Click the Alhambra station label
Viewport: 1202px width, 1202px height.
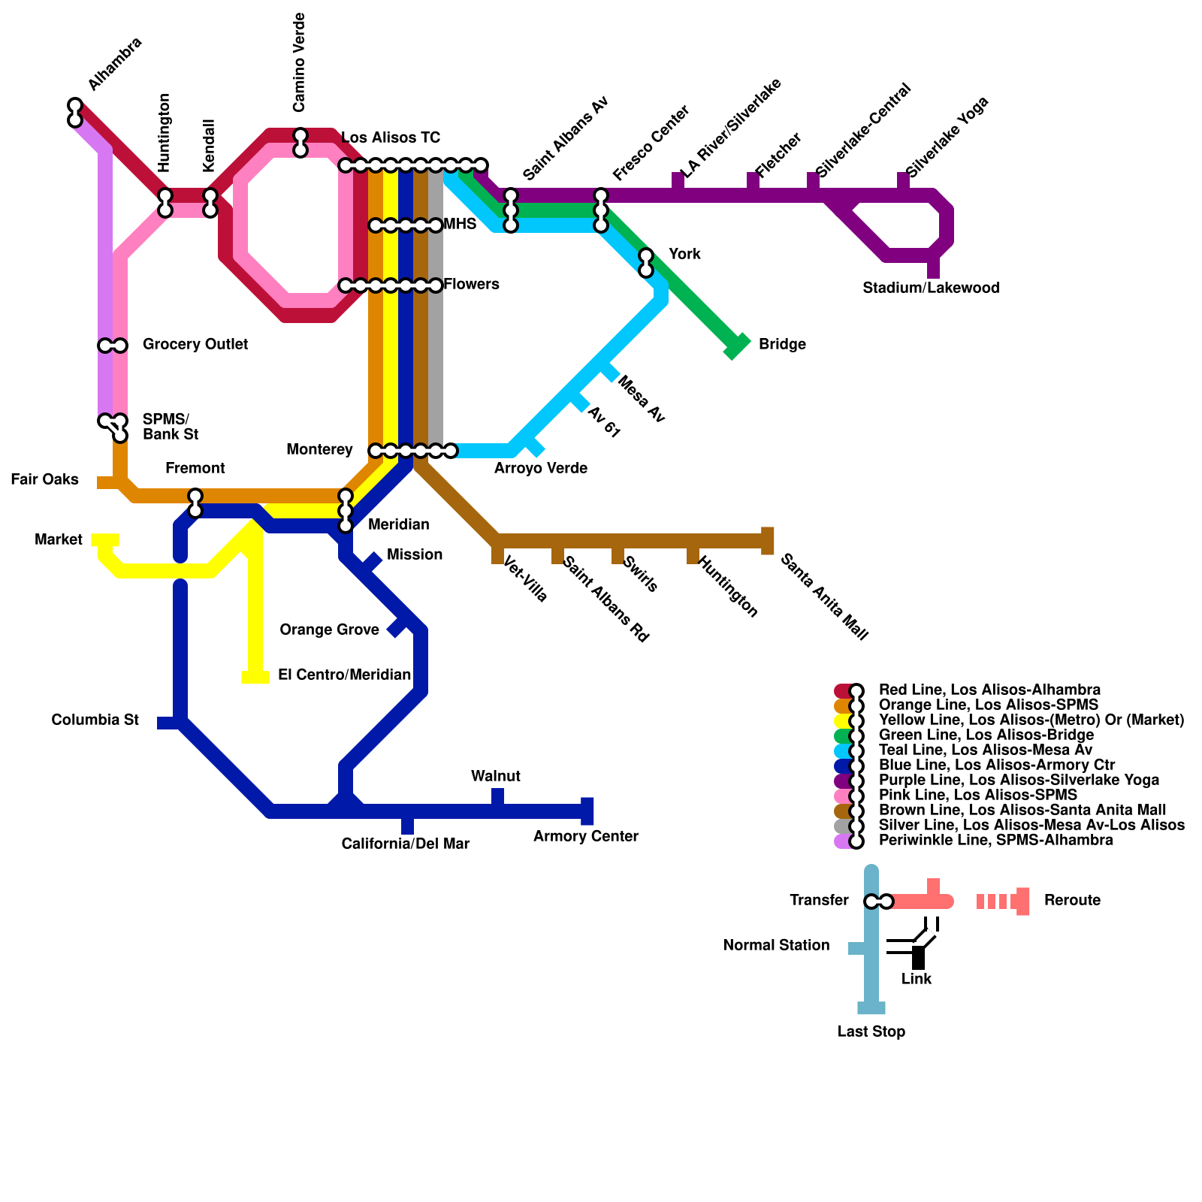[114, 64]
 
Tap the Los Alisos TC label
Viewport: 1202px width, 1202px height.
[391, 137]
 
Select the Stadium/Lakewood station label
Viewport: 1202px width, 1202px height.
[931, 288]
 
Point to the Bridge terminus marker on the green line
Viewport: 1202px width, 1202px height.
[737, 346]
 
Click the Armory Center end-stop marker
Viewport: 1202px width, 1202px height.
[587, 811]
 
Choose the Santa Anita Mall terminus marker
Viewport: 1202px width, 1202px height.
[767, 541]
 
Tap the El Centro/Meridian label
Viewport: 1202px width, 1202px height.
[344, 675]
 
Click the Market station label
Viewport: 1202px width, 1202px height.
[59, 539]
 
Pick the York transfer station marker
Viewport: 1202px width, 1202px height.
[646, 263]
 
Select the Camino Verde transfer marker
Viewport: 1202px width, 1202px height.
[300, 143]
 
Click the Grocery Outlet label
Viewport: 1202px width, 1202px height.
[195, 344]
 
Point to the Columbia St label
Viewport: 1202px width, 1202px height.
[95, 720]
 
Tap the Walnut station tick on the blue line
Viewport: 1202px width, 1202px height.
[497, 798]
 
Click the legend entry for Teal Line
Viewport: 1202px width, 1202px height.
[985, 750]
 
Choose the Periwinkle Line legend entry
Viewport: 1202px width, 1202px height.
[995, 840]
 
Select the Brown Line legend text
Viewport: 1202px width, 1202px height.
[1022, 810]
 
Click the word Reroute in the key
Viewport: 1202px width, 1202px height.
[1072, 900]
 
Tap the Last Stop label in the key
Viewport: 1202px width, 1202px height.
[871, 1031]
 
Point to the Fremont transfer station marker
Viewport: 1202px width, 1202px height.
[195, 503]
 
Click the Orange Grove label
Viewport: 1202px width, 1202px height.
[329, 630]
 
